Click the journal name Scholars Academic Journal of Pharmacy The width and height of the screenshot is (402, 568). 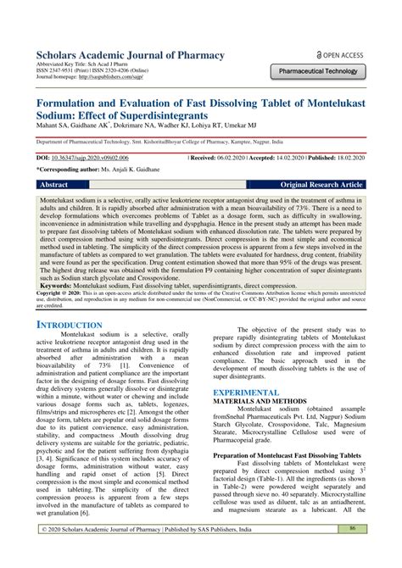[129, 56]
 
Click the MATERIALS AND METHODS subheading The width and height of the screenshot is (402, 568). [260, 403]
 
